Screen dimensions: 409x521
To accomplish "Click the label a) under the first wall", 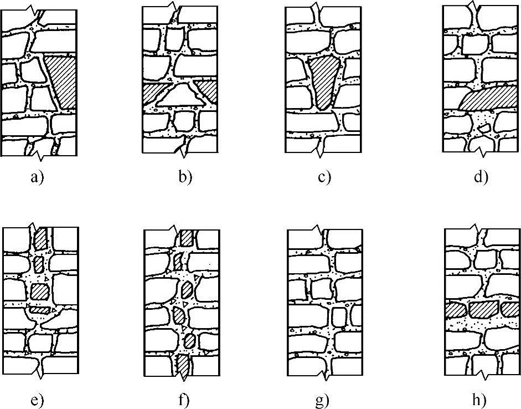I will (x=37, y=178).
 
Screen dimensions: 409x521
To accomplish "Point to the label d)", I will (x=480, y=178).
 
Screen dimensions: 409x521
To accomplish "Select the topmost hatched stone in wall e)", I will (x=40, y=239).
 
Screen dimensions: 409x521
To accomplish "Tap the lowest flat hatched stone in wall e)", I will (x=40, y=311).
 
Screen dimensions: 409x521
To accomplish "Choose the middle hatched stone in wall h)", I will (x=482, y=309).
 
